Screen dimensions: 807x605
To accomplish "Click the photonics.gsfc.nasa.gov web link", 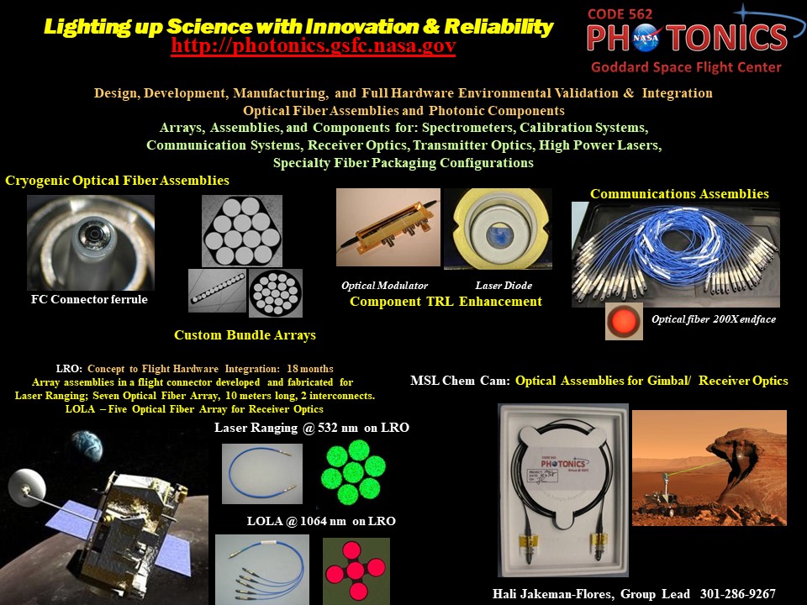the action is [314, 45].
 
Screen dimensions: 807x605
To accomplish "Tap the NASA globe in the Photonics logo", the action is [646, 38].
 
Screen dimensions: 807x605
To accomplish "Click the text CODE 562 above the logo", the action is [620, 14].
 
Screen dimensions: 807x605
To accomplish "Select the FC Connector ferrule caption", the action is [89, 299].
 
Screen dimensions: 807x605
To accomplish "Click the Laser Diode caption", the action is [504, 286].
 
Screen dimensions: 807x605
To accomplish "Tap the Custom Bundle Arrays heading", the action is [245, 335].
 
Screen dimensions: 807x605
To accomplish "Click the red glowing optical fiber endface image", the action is [624, 321].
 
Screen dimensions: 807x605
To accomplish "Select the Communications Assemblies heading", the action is [679, 194].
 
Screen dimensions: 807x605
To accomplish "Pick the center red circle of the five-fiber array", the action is [355, 571].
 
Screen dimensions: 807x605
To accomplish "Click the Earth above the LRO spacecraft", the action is [87, 446].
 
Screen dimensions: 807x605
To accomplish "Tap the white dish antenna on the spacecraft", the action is [27, 487].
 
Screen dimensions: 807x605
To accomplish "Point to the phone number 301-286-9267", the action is [737, 594].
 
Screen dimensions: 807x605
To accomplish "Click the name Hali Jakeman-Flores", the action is [553, 594].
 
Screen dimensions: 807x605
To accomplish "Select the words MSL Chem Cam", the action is [460, 381].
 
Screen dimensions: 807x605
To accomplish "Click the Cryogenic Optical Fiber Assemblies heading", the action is [118, 181].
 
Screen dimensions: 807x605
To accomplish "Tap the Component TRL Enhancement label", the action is [446, 302].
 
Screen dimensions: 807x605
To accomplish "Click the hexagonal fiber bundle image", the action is [242, 230].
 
